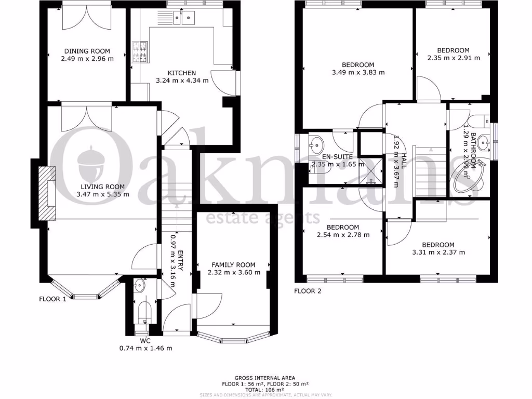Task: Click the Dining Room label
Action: tap(87, 51)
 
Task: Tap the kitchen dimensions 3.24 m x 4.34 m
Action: tap(182, 81)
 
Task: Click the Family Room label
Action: tap(233, 264)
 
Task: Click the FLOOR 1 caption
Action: tap(52, 299)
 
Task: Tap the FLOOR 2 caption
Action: tap(308, 291)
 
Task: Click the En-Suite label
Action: tap(338, 156)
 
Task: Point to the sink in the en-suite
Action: tap(316, 143)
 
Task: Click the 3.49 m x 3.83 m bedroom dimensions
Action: tap(358, 72)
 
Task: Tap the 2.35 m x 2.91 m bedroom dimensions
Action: tap(454, 58)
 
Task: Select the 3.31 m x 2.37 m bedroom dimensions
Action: tap(438, 252)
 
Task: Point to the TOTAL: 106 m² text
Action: tap(264, 390)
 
